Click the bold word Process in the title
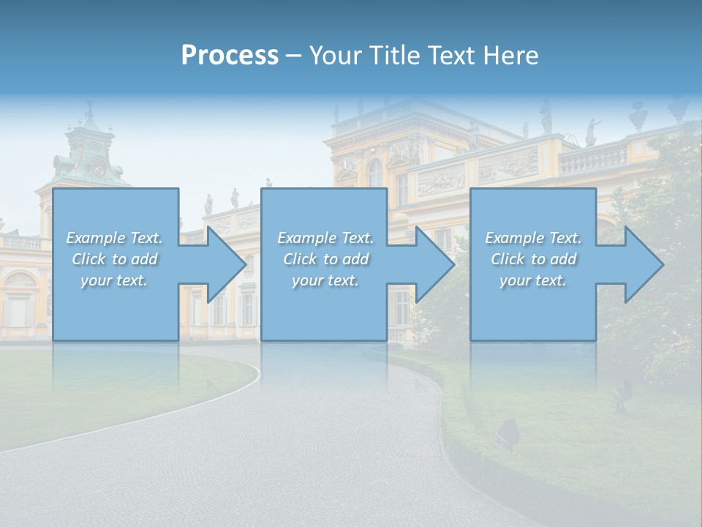(x=230, y=56)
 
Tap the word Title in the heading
(x=391, y=56)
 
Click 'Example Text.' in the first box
(x=114, y=238)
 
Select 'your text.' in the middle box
(x=325, y=280)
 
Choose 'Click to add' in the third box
(x=533, y=259)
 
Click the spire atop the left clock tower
(x=90, y=110)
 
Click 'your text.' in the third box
(x=533, y=280)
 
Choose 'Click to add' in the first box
(x=114, y=259)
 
